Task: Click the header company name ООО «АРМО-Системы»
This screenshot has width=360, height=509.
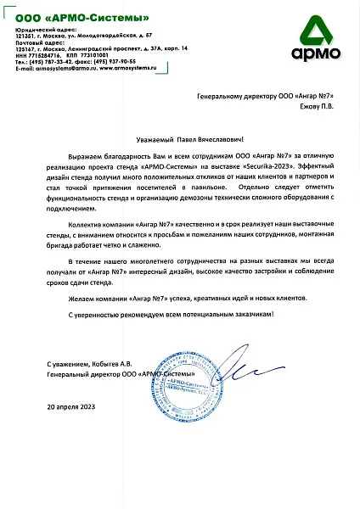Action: [x=77, y=17]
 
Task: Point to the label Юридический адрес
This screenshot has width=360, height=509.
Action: [x=39, y=28]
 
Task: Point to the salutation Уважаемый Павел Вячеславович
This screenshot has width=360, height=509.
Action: [x=180, y=136]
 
